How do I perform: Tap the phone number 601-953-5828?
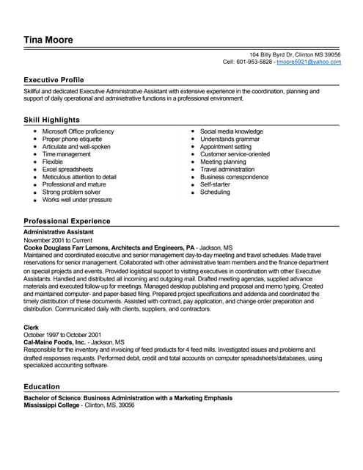[254, 62]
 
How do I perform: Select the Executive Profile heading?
[54, 79]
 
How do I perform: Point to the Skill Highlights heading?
[51, 119]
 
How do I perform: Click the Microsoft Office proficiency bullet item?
[78, 130]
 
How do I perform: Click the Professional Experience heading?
[67, 221]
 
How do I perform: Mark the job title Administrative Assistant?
[59, 231]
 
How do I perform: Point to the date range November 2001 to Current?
[59, 239]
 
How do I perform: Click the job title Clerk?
[32, 327]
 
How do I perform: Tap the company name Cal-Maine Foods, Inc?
[54, 342]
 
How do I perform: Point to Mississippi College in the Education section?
[52, 405]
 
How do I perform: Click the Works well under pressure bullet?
[77, 200]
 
